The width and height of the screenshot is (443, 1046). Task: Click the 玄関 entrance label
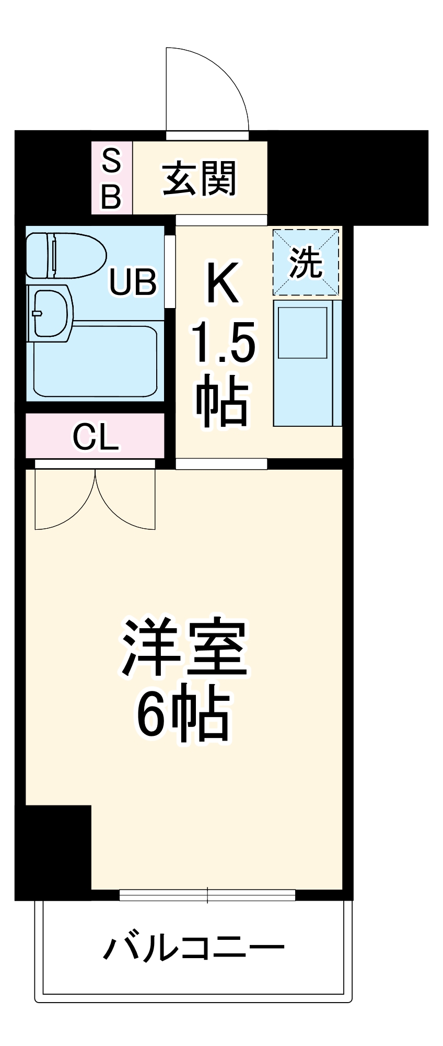(200, 178)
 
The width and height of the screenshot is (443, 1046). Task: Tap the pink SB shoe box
(111, 178)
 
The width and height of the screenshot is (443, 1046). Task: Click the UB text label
(133, 282)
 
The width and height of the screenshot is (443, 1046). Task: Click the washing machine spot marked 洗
(306, 262)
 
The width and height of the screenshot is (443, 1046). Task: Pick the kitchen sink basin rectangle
(302, 333)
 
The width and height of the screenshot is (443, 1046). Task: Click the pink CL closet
(95, 436)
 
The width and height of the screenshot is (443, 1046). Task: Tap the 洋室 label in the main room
(184, 647)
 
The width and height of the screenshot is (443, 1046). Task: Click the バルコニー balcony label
(193, 947)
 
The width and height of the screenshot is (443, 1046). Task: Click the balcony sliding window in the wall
(207, 895)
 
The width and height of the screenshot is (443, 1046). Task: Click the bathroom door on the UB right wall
(170, 272)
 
